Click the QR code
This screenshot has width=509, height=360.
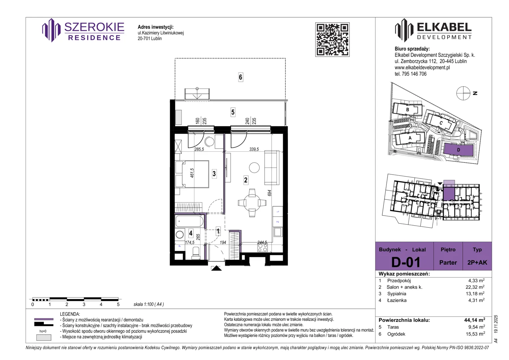click(332, 40)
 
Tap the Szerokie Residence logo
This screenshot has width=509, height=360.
click(83, 30)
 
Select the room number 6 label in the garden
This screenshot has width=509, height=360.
click(241, 77)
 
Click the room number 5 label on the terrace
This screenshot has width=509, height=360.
click(233, 112)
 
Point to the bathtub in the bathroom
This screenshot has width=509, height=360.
click(190, 221)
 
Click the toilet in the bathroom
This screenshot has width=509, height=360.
click(196, 253)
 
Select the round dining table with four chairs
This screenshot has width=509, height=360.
click(252, 203)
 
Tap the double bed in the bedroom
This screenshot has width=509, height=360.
click(192, 174)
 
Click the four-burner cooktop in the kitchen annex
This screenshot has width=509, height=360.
click(262, 247)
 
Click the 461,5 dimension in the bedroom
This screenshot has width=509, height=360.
click(192, 173)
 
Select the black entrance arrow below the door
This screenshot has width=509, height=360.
click(216, 268)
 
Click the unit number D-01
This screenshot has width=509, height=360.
click(406, 262)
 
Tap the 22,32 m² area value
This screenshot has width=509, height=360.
click(475, 287)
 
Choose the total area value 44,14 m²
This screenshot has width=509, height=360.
click(475, 320)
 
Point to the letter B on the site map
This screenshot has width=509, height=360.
click(408, 110)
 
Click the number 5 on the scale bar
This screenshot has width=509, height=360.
click(118, 304)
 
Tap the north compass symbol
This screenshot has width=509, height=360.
click(463, 93)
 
